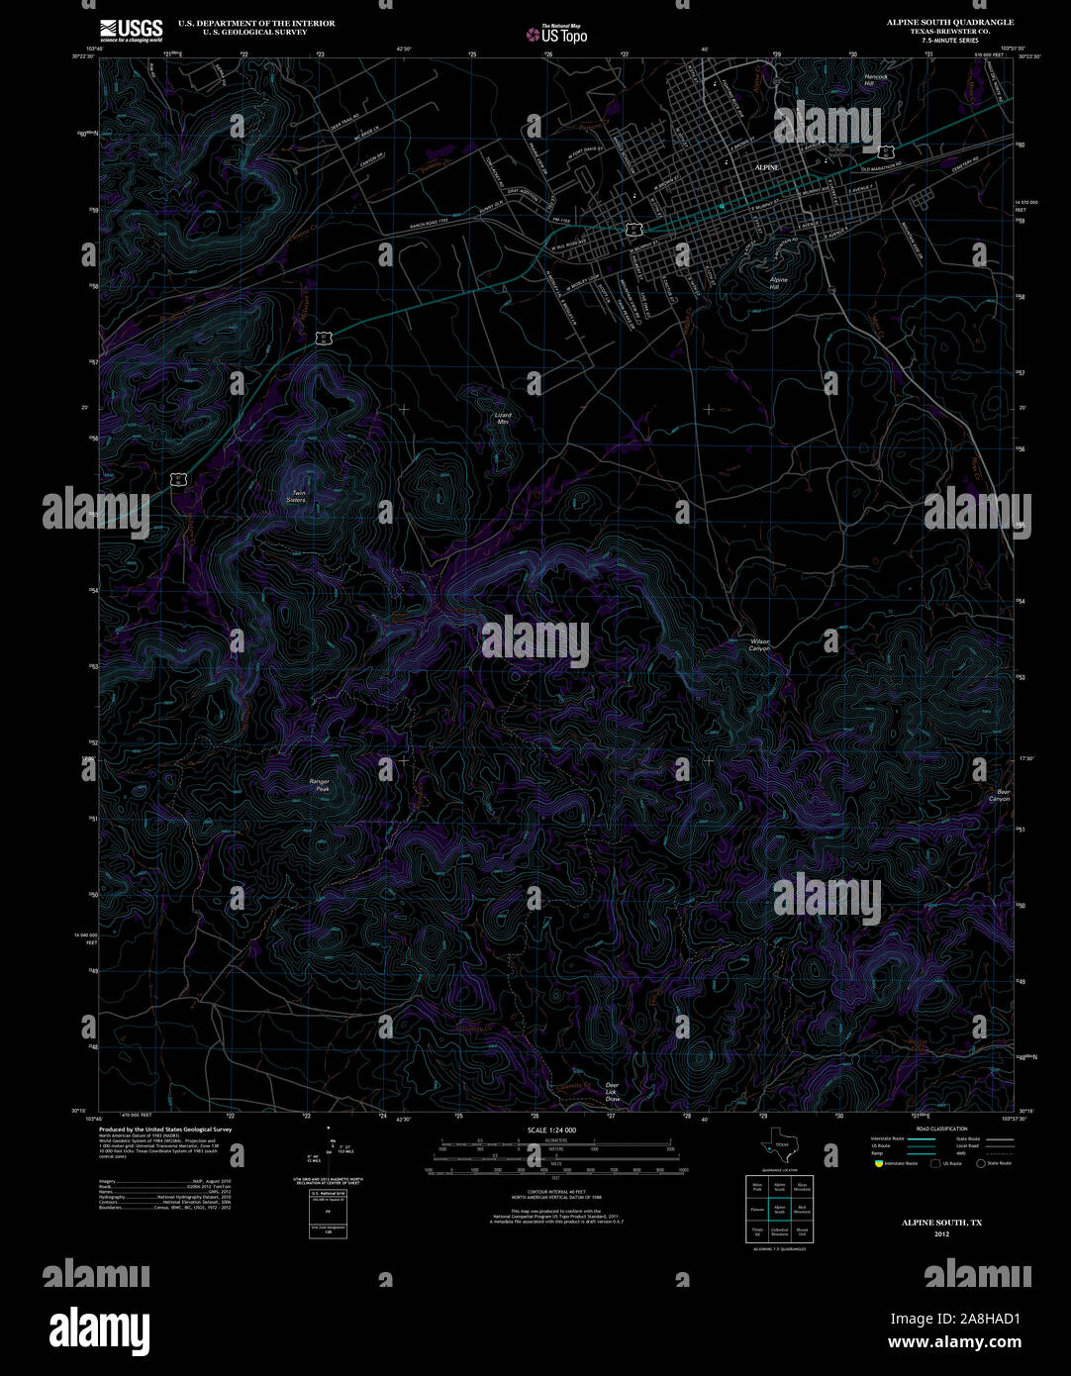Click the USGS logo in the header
coord(131,30)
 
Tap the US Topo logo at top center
coord(556,34)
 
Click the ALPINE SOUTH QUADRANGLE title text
coord(949,22)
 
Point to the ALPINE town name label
coord(767,168)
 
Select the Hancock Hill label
coord(875,80)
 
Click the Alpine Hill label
coord(780,283)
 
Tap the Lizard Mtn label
coord(503,418)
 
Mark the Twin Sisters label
coord(295,497)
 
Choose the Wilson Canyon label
coord(759,644)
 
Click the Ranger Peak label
coord(319,785)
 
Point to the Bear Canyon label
coord(1002,795)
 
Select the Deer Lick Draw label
coord(612,1092)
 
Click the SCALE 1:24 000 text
coord(552,1130)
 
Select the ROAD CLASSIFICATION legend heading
coord(941,1129)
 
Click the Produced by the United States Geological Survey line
coord(164,1129)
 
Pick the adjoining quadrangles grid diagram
coord(779,1209)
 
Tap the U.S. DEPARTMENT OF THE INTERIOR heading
coord(256,23)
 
